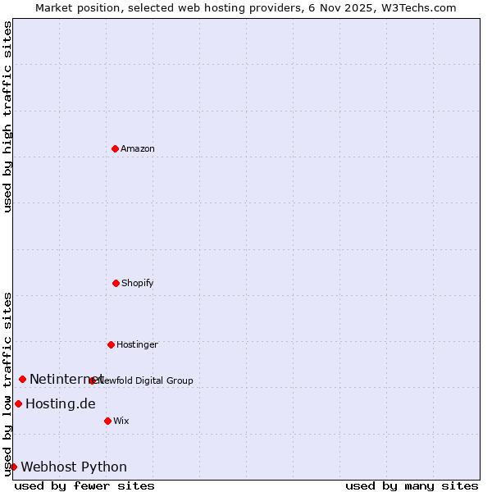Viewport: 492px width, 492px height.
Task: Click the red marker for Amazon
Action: pyautogui.click(x=115, y=148)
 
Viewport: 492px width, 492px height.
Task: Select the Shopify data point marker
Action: pyautogui.click(x=116, y=283)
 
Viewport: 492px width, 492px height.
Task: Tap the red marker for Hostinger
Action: pyautogui.click(x=111, y=344)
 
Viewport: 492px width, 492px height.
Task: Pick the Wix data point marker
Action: pyautogui.click(x=107, y=421)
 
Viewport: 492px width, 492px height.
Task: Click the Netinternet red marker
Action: pyautogui.click(x=22, y=379)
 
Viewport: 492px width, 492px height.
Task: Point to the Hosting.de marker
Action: pyautogui.click(x=18, y=403)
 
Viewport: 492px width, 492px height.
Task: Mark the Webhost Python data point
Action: pyautogui.click(x=13, y=467)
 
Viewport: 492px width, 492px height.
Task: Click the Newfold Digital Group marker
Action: pyautogui.click(x=93, y=380)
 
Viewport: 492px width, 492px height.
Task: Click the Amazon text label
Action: pyautogui.click(x=138, y=148)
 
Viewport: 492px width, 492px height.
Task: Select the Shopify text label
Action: pyautogui.click(x=138, y=283)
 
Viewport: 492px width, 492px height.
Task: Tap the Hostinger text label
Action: pyautogui.click(x=137, y=344)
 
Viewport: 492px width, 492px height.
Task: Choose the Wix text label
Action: pyautogui.click(x=121, y=421)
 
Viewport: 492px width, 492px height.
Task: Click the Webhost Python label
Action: pyautogui.click(x=74, y=467)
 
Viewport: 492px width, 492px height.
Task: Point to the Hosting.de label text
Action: pyautogui.click(x=61, y=403)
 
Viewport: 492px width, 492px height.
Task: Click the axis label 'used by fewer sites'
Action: pyautogui.click(x=84, y=485)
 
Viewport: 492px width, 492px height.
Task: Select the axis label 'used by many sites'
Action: pyautogui.click(x=412, y=485)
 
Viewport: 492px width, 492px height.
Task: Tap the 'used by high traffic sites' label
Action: pyautogui.click(x=8, y=116)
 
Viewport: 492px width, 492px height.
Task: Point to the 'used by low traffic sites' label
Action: pyautogui.click(x=8, y=383)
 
